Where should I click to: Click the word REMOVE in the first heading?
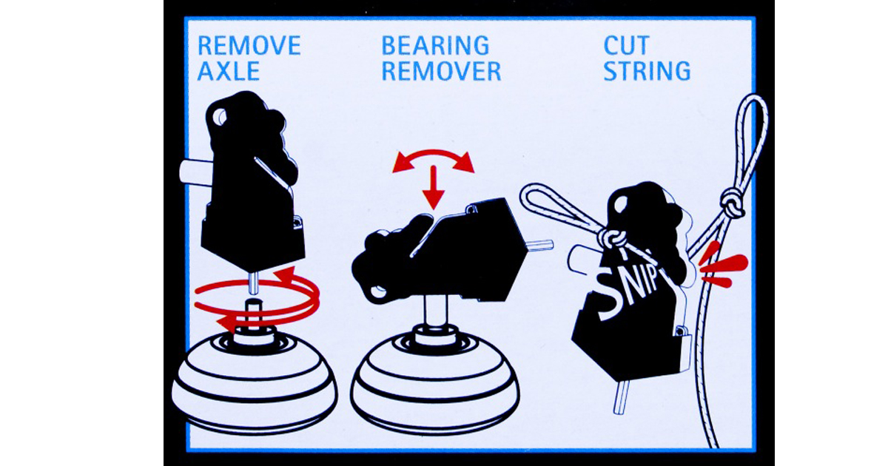click(249, 46)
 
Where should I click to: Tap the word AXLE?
click(229, 71)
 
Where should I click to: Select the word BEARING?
click(435, 46)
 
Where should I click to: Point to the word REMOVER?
click(441, 71)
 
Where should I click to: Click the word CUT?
click(626, 46)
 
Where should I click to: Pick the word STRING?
click(647, 71)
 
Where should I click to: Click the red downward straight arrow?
click(434, 187)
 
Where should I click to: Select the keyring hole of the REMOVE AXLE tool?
click(219, 118)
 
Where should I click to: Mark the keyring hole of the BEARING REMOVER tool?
click(377, 292)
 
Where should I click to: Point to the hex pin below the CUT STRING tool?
click(620, 397)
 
